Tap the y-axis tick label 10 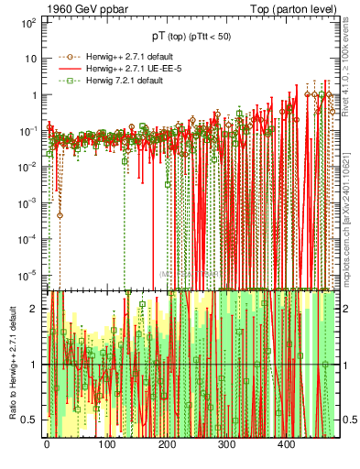click(31, 58)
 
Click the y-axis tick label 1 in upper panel click(34, 94)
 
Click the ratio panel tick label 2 click(34, 309)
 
